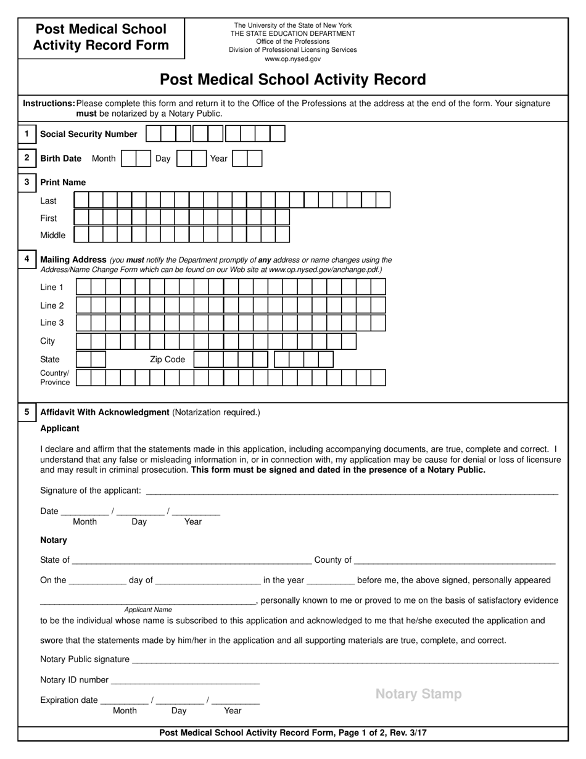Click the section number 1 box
(27, 133)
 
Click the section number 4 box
(27, 259)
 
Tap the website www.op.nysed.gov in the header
(292, 59)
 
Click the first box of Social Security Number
(153, 134)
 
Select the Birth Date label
(60, 159)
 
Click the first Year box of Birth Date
(240, 159)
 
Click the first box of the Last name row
(81, 200)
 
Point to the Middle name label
(52, 235)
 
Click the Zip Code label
(167, 359)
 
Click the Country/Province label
(55, 378)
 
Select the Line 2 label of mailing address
(52, 305)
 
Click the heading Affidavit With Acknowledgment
(104, 412)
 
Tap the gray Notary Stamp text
(418, 694)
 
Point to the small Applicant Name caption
(148, 610)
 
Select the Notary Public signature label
(85, 659)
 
